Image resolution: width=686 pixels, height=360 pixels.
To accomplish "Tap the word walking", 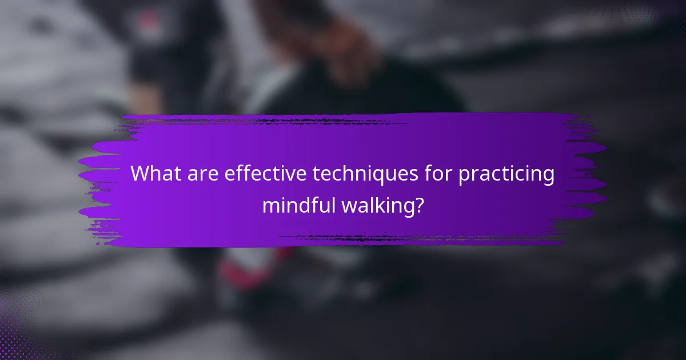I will tap(381, 204).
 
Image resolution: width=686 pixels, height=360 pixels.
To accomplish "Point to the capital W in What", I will tap(140, 174).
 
